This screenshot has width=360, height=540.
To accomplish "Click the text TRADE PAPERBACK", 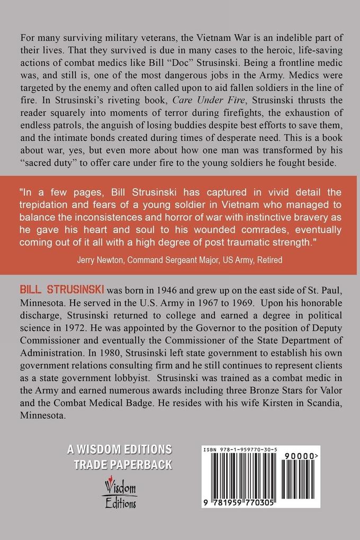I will point(123,464).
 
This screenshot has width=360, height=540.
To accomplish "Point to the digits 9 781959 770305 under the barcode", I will point(245,505).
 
